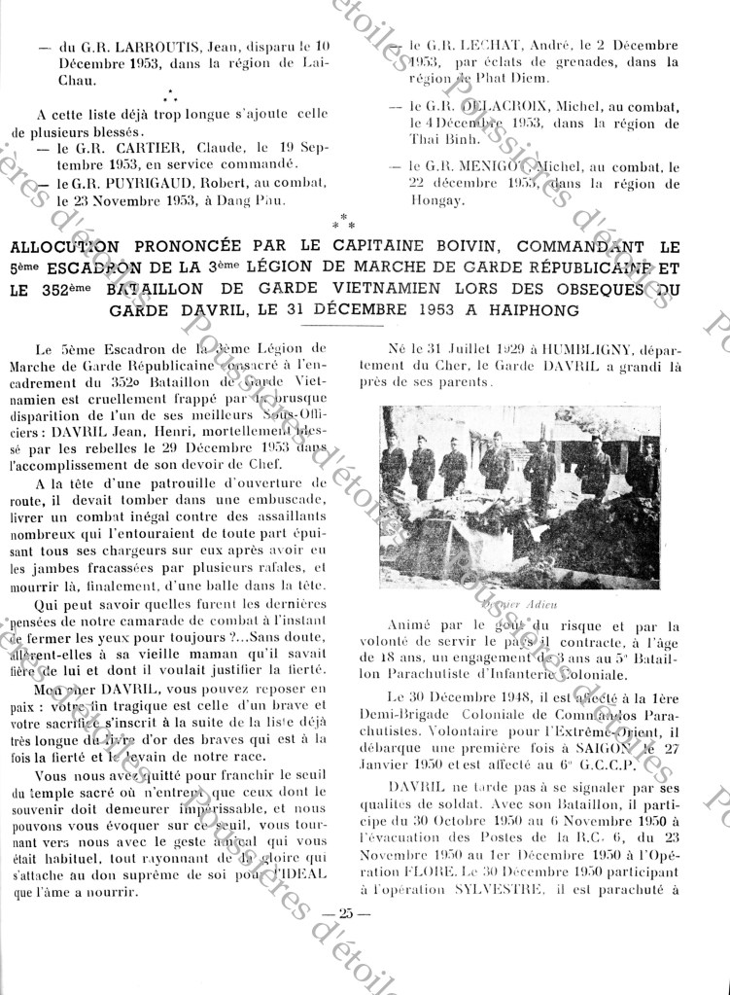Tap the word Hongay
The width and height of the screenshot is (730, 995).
pos(434,200)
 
